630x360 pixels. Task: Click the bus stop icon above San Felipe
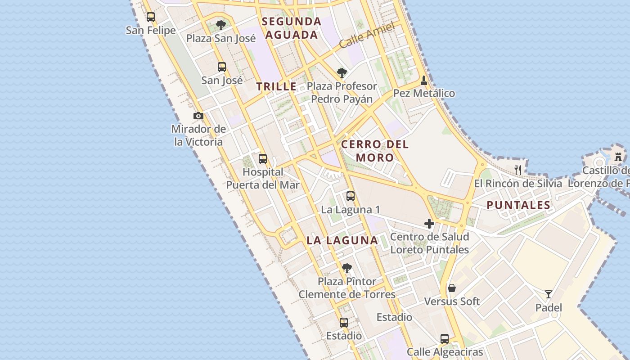151,17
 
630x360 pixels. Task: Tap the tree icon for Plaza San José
220,25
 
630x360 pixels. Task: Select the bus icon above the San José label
222,67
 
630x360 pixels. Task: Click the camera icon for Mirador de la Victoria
198,116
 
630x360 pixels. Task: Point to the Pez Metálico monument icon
424,81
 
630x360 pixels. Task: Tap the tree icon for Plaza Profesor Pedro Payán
342,72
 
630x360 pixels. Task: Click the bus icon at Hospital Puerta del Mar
263,159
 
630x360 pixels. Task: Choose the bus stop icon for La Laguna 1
351,196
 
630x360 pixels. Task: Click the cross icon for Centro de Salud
429,224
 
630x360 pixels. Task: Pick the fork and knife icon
518,170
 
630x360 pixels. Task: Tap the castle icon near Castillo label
618,157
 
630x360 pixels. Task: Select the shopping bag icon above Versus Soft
452,288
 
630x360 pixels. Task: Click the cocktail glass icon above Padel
549,294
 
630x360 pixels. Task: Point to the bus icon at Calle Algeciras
445,338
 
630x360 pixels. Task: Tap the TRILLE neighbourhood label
277,87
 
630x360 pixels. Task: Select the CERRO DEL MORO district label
375,151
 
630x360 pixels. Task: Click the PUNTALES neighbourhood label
518,205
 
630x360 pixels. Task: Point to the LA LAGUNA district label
342,240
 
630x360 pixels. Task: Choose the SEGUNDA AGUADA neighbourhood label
292,28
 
